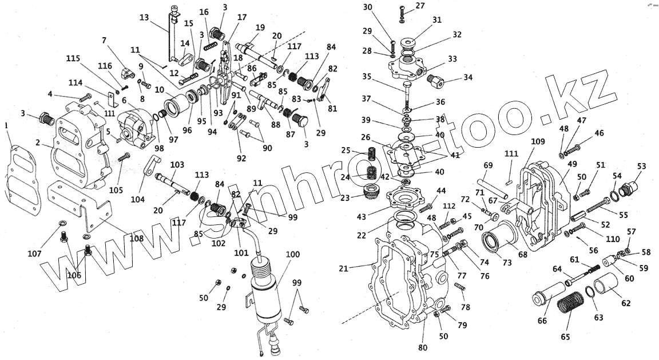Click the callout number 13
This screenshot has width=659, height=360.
144,17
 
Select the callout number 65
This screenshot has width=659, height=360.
565,337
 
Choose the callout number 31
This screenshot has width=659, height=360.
437,21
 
